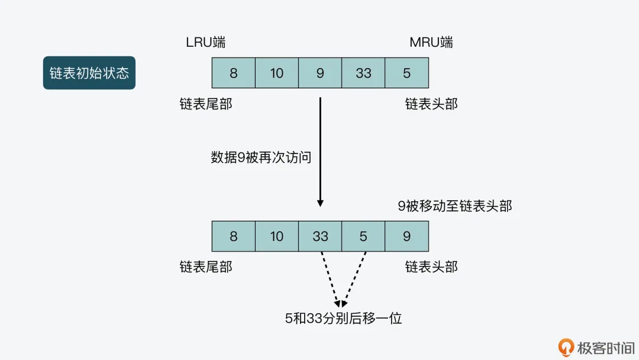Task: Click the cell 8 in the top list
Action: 234,73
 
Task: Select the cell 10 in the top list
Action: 277,73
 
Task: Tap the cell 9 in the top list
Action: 320,73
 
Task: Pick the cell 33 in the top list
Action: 363,73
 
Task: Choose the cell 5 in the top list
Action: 406,73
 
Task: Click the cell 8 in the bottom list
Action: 234,236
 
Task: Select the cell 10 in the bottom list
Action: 277,236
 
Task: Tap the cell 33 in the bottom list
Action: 320,236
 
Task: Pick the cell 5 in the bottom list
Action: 363,236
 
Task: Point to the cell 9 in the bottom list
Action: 406,236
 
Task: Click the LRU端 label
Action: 205,43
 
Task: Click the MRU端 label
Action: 431,43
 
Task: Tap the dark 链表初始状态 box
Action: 89,73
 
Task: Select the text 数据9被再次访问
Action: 261,157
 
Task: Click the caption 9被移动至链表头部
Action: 454,206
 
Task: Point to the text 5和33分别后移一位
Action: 343,319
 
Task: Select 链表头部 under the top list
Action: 431,104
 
